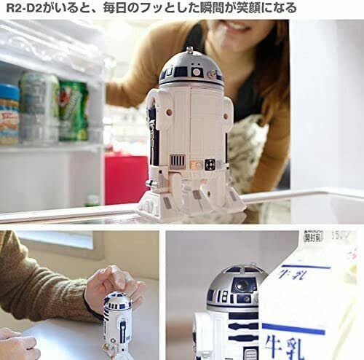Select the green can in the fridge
pos(74,110)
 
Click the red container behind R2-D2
pos(125,179)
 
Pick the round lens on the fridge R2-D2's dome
pos(197,72)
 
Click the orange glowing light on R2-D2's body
pos(196,164)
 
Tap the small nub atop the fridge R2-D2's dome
pos(190,50)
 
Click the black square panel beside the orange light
pos(210,165)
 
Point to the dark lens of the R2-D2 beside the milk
pos(241,286)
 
